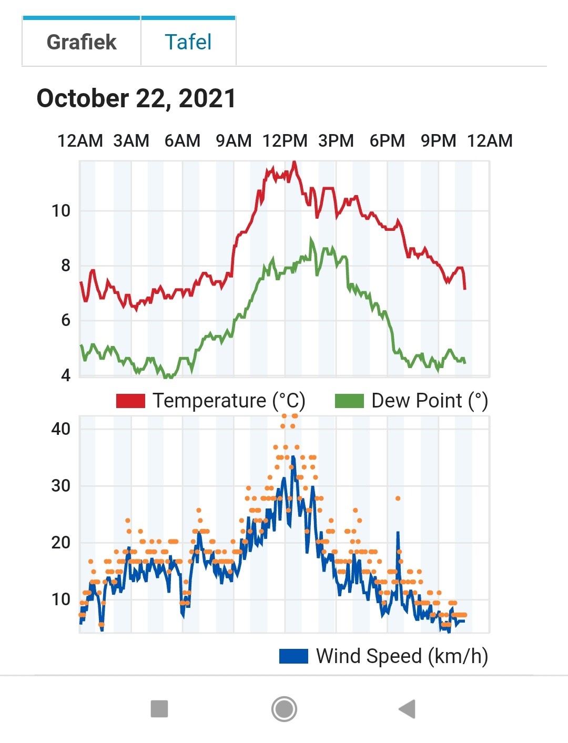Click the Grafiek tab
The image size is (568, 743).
[x=82, y=42]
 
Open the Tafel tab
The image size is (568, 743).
[x=188, y=42]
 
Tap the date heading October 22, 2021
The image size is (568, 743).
[x=136, y=98]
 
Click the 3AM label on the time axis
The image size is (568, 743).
[x=131, y=141]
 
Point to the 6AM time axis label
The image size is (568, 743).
[x=182, y=141]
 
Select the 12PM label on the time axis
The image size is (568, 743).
[x=285, y=141]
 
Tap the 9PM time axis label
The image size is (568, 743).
[x=438, y=141]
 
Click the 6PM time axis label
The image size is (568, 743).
[x=387, y=141]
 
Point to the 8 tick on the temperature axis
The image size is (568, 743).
[x=66, y=266]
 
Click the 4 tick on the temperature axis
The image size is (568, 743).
[x=66, y=375]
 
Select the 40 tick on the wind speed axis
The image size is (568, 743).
[x=61, y=429]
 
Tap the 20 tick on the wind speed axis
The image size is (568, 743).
[x=61, y=543]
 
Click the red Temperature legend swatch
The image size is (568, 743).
[x=130, y=401]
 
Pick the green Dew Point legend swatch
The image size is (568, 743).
[x=349, y=401]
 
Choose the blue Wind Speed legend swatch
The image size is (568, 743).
[x=294, y=656]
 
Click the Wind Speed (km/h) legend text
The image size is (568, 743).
[x=402, y=656]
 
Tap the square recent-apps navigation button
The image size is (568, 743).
[x=159, y=708]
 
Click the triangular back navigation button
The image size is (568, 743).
[x=407, y=708]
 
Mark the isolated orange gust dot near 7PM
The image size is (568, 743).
[x=398, y=498]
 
